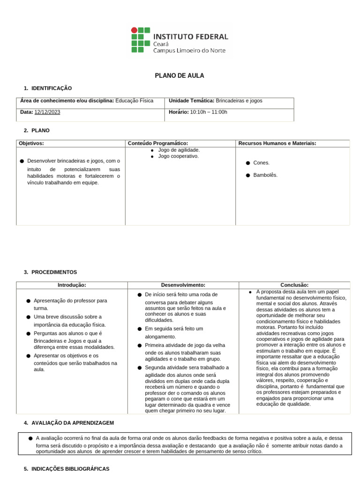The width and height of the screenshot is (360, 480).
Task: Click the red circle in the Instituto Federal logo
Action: [x=134, y=30]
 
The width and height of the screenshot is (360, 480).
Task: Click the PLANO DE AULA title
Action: [x=180, y=75]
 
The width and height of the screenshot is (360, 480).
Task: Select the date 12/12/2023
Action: [x=47, y=112]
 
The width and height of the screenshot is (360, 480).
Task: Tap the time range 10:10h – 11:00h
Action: [x=209, y=112]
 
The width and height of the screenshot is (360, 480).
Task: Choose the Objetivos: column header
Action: [x=31, y=143]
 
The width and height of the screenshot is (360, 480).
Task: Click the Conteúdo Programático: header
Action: [x=158, y=143]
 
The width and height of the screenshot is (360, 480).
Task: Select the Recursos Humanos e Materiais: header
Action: [x=277, y=143]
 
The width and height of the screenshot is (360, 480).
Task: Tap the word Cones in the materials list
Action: [x=261, y=163]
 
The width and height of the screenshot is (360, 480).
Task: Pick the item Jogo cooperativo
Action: [x=178, y=156]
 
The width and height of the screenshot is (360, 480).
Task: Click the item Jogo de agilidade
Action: [x=179, y=150]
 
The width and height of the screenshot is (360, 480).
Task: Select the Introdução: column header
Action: [x=72, y=285]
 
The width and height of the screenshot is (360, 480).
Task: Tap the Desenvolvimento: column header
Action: [x=183, y=285]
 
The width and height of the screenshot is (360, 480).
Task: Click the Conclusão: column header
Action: [x=294, y=285]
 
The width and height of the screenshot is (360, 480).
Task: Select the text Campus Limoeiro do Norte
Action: [x=189, y=51]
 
